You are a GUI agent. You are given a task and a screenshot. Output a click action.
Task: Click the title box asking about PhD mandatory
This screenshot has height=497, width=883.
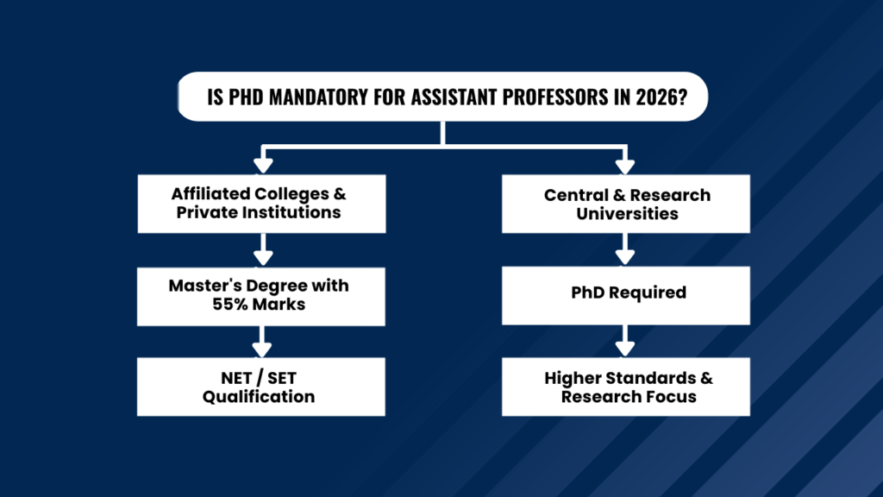coord(442,96)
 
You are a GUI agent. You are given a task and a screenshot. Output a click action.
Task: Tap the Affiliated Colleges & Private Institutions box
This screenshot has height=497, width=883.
coord(261,204)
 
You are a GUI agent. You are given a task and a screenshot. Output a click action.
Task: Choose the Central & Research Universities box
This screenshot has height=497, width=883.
coord(627,204)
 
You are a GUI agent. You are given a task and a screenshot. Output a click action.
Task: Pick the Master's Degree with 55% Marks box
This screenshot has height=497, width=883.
coord(261,296)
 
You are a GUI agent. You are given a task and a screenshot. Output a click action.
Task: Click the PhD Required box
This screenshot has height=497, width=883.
coord(627,293)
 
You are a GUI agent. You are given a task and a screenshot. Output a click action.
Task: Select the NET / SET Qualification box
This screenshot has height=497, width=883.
coord(261,387)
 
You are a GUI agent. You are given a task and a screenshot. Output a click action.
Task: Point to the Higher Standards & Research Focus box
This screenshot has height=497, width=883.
coord(627,387)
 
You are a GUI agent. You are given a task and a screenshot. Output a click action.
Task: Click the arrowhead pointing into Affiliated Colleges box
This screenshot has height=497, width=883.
coord(262,164)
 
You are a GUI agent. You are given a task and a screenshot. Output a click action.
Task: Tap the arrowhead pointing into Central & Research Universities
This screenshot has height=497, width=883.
coord(624,164)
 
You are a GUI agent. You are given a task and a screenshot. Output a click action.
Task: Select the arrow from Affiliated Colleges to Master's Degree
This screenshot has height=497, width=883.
coord(262,251)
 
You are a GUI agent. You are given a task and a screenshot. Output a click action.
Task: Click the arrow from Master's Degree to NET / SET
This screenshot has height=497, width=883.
coord(262,343)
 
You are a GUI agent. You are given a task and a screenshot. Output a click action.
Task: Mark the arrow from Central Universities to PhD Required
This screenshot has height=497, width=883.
coord(624,251)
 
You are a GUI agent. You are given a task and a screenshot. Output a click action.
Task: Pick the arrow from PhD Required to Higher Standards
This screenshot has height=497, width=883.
coord(624,343)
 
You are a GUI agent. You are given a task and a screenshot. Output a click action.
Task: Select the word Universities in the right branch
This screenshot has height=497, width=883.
coord(627,213)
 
